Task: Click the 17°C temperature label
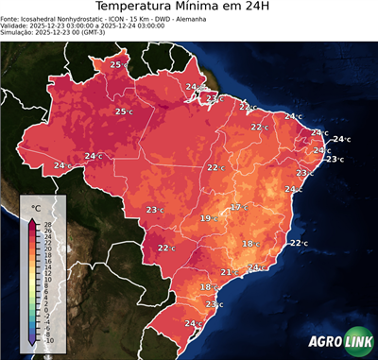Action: pos(239,207)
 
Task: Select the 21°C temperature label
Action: pos(228,272)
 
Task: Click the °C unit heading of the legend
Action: pos(36,207)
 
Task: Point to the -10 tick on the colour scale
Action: pos(48,340)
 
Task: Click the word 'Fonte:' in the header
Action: pos(12,19)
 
